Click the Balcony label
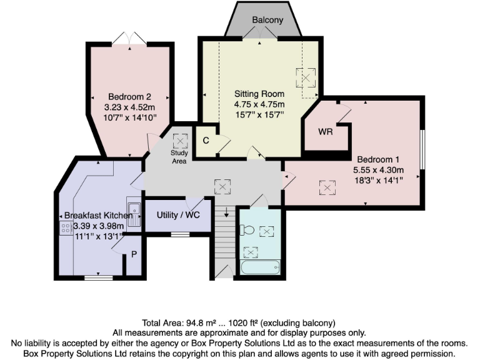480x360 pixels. (x=267, y=20)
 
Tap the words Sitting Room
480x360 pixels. (x=259, y=94)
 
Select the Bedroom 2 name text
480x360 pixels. (x=130, y=97)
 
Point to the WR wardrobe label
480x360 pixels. (x=325, y=132)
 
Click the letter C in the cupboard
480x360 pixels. (x=205, y=141)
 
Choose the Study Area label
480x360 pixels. (x=179, y=156)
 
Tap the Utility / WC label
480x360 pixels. (x=176, y=215)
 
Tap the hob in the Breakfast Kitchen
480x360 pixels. (x=66, y=228)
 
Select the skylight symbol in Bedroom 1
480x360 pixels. (x=326, y=186)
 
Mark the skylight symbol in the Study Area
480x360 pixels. (x=179, y=140)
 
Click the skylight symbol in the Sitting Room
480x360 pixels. (x=306, y=78)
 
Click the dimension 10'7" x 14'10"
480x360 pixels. (x=130, y=117)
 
